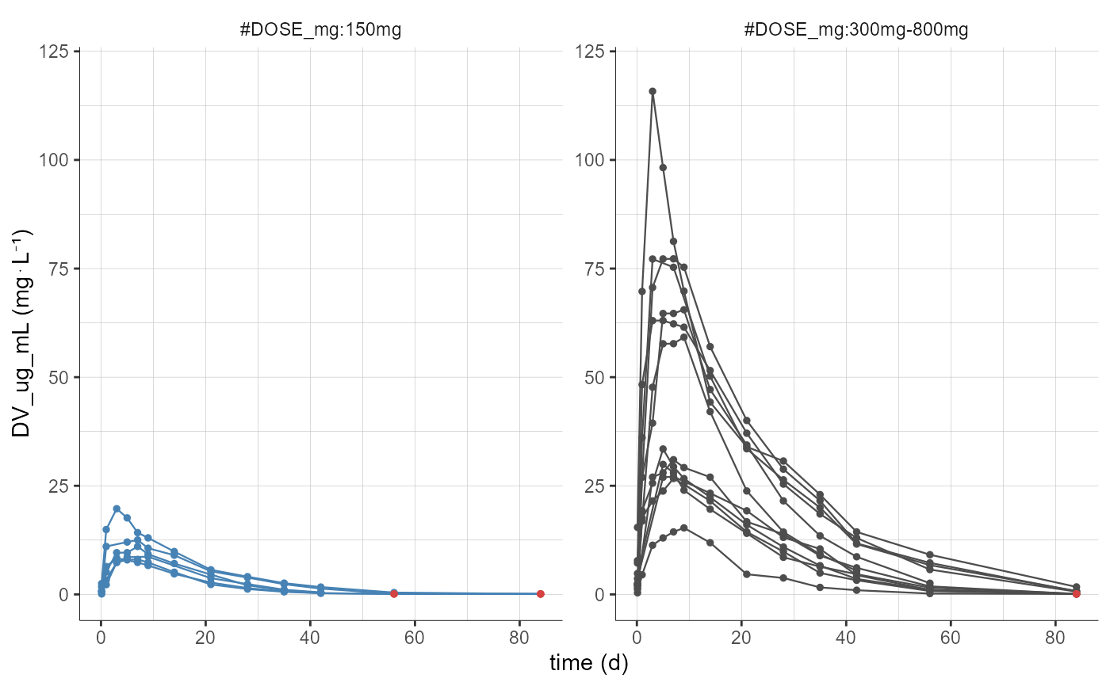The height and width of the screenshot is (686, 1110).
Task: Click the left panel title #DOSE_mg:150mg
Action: coord(320,31)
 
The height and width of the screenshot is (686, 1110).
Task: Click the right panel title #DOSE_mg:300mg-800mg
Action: coord(856,31)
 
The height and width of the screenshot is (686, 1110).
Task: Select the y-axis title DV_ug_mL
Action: coord(21,333)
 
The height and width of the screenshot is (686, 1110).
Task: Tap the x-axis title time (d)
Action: coord(589,664)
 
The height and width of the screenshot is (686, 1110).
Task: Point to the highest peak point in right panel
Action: coord(653,91)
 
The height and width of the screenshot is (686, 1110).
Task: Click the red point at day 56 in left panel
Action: coord(394,593)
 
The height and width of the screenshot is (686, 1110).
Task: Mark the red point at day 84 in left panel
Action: coord(541,593)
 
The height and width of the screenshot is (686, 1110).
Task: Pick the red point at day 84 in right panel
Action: coord(1076,593)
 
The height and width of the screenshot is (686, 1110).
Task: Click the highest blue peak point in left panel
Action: coord(117,509)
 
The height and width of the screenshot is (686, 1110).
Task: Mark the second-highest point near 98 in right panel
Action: coord(663,167)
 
